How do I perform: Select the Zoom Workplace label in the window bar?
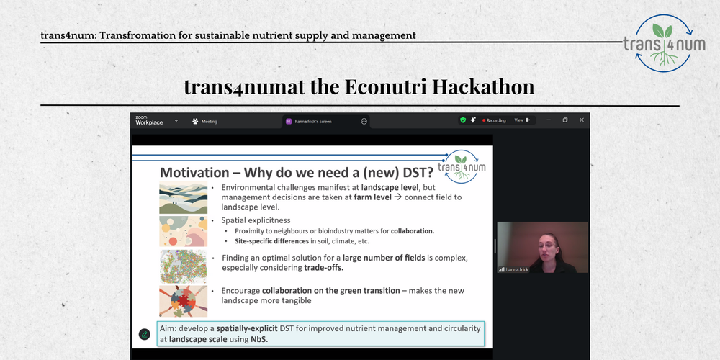click(x=149, y=120)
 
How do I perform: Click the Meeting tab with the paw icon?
click(x=205, y=121)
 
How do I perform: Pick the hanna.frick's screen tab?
click(x=312, y=121)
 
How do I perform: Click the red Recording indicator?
click(x=493, y=120)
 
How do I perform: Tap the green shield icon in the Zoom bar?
click(x=463, y=120)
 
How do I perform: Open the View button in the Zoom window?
click(x=521, y=120)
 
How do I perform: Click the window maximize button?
click(x=565, y=120)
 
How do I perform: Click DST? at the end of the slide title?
click(x=413, y=173)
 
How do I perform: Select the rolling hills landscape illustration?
click(x=183, y=199)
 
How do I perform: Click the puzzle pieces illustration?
click(x=183, y=300)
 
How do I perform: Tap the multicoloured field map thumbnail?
click(x=183, y=266)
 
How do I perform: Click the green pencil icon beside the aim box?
click(x=145, y=334)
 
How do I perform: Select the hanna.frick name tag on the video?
click(x=516, y=269)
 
